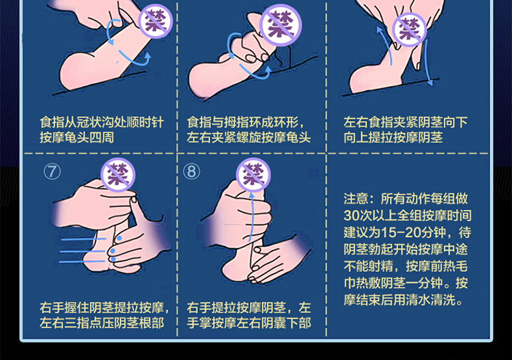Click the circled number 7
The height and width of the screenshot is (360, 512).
pyautogui.click(x=53, y=171)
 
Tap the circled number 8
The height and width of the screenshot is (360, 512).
pyautogui.click(x=192, y=171)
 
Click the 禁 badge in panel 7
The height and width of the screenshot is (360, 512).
pyautogui.click(x=118, y=175)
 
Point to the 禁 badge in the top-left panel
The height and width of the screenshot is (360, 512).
pyautogui.click(x=156, y=21)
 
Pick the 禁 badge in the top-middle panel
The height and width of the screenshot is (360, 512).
pyautogui.click(x=281, y=25)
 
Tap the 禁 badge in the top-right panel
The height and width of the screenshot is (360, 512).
pyautogui.click(x=410, y=30)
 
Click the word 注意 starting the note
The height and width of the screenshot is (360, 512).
pyautogui.click(x=356, y=199)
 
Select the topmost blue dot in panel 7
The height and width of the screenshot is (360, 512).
pyautogui.click(x=119, y=238)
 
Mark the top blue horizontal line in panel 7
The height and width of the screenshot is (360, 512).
pyautogui.click(x=83, y=240)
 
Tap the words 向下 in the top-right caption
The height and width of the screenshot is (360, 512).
pyautogui.click(x=455, y=122)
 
